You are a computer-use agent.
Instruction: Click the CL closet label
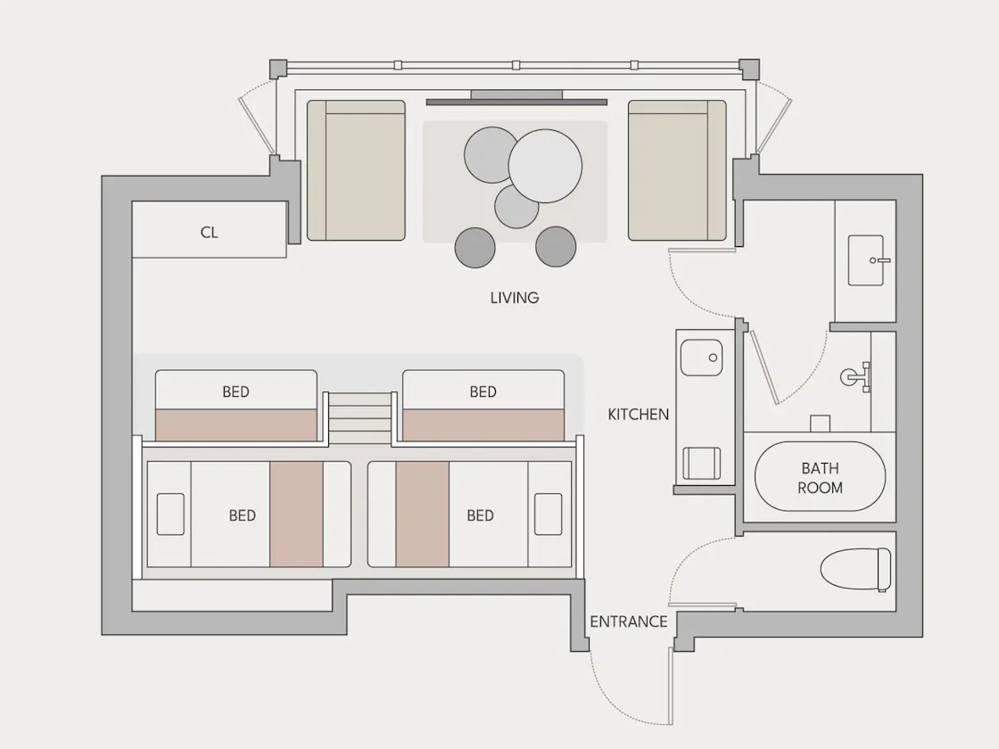(209, 233)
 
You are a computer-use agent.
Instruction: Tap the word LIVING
(515, 298)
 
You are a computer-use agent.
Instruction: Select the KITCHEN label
(639, 415)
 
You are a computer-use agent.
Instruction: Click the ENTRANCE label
(629, 621)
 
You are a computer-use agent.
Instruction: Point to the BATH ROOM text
(820, 478)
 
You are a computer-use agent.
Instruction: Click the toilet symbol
(855, 570)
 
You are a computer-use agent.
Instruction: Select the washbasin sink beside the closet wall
(866, 260)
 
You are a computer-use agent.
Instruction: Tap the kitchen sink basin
(701, 358)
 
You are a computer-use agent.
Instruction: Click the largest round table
(545, 166)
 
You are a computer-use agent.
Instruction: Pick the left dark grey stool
(475, 247)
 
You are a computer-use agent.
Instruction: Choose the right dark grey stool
(556, 246)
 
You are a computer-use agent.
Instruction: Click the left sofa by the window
(356, 170)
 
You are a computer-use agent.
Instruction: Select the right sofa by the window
(677, 170)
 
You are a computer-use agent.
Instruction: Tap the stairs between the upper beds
(360, 418)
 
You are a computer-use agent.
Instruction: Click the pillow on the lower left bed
(170, 514)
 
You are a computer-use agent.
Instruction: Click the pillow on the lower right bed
(548, 514)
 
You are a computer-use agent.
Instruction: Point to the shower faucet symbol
(856, 377)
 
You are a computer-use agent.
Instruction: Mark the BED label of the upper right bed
(483, 391)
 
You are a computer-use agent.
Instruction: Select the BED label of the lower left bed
(242, 515)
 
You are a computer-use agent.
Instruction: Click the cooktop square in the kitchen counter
(701, 463)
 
